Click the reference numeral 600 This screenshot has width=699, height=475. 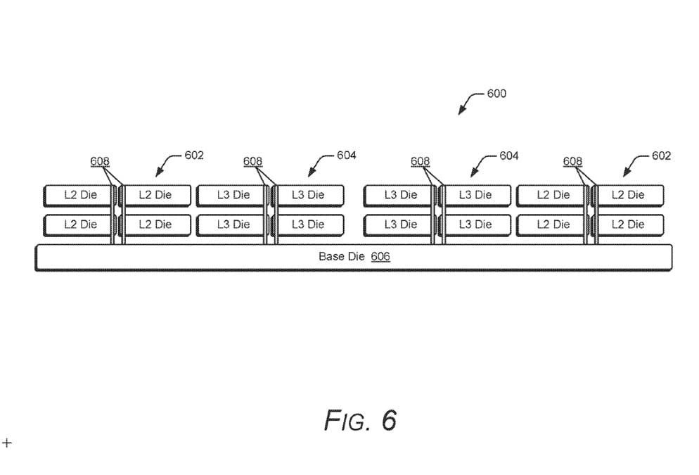tap(496, 94)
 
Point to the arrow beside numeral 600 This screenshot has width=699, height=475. tap(469, 103)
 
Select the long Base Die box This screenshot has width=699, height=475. tap(354, 257)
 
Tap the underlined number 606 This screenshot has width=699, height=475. tap(380, 257)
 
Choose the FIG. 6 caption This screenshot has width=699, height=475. tap(361, 420)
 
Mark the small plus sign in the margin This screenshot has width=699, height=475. tap(7, 443)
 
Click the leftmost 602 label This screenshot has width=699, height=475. tap(194, 155)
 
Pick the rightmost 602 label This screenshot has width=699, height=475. tap(661, 156)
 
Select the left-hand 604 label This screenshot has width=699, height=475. tap(346, 155)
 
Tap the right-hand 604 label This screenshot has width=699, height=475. tap(509, 156)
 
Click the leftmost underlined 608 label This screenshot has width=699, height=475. tap(100, 162)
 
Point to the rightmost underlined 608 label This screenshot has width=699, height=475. tap(572, 162)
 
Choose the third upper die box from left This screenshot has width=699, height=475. tap(233, 195)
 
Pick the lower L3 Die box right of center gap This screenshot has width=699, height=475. tap(400, 224)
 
